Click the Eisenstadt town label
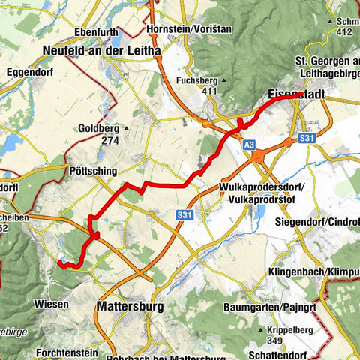(296, 96)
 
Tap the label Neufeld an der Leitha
(103, 50)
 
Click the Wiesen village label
(51, 304)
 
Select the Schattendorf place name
(303, 354)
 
